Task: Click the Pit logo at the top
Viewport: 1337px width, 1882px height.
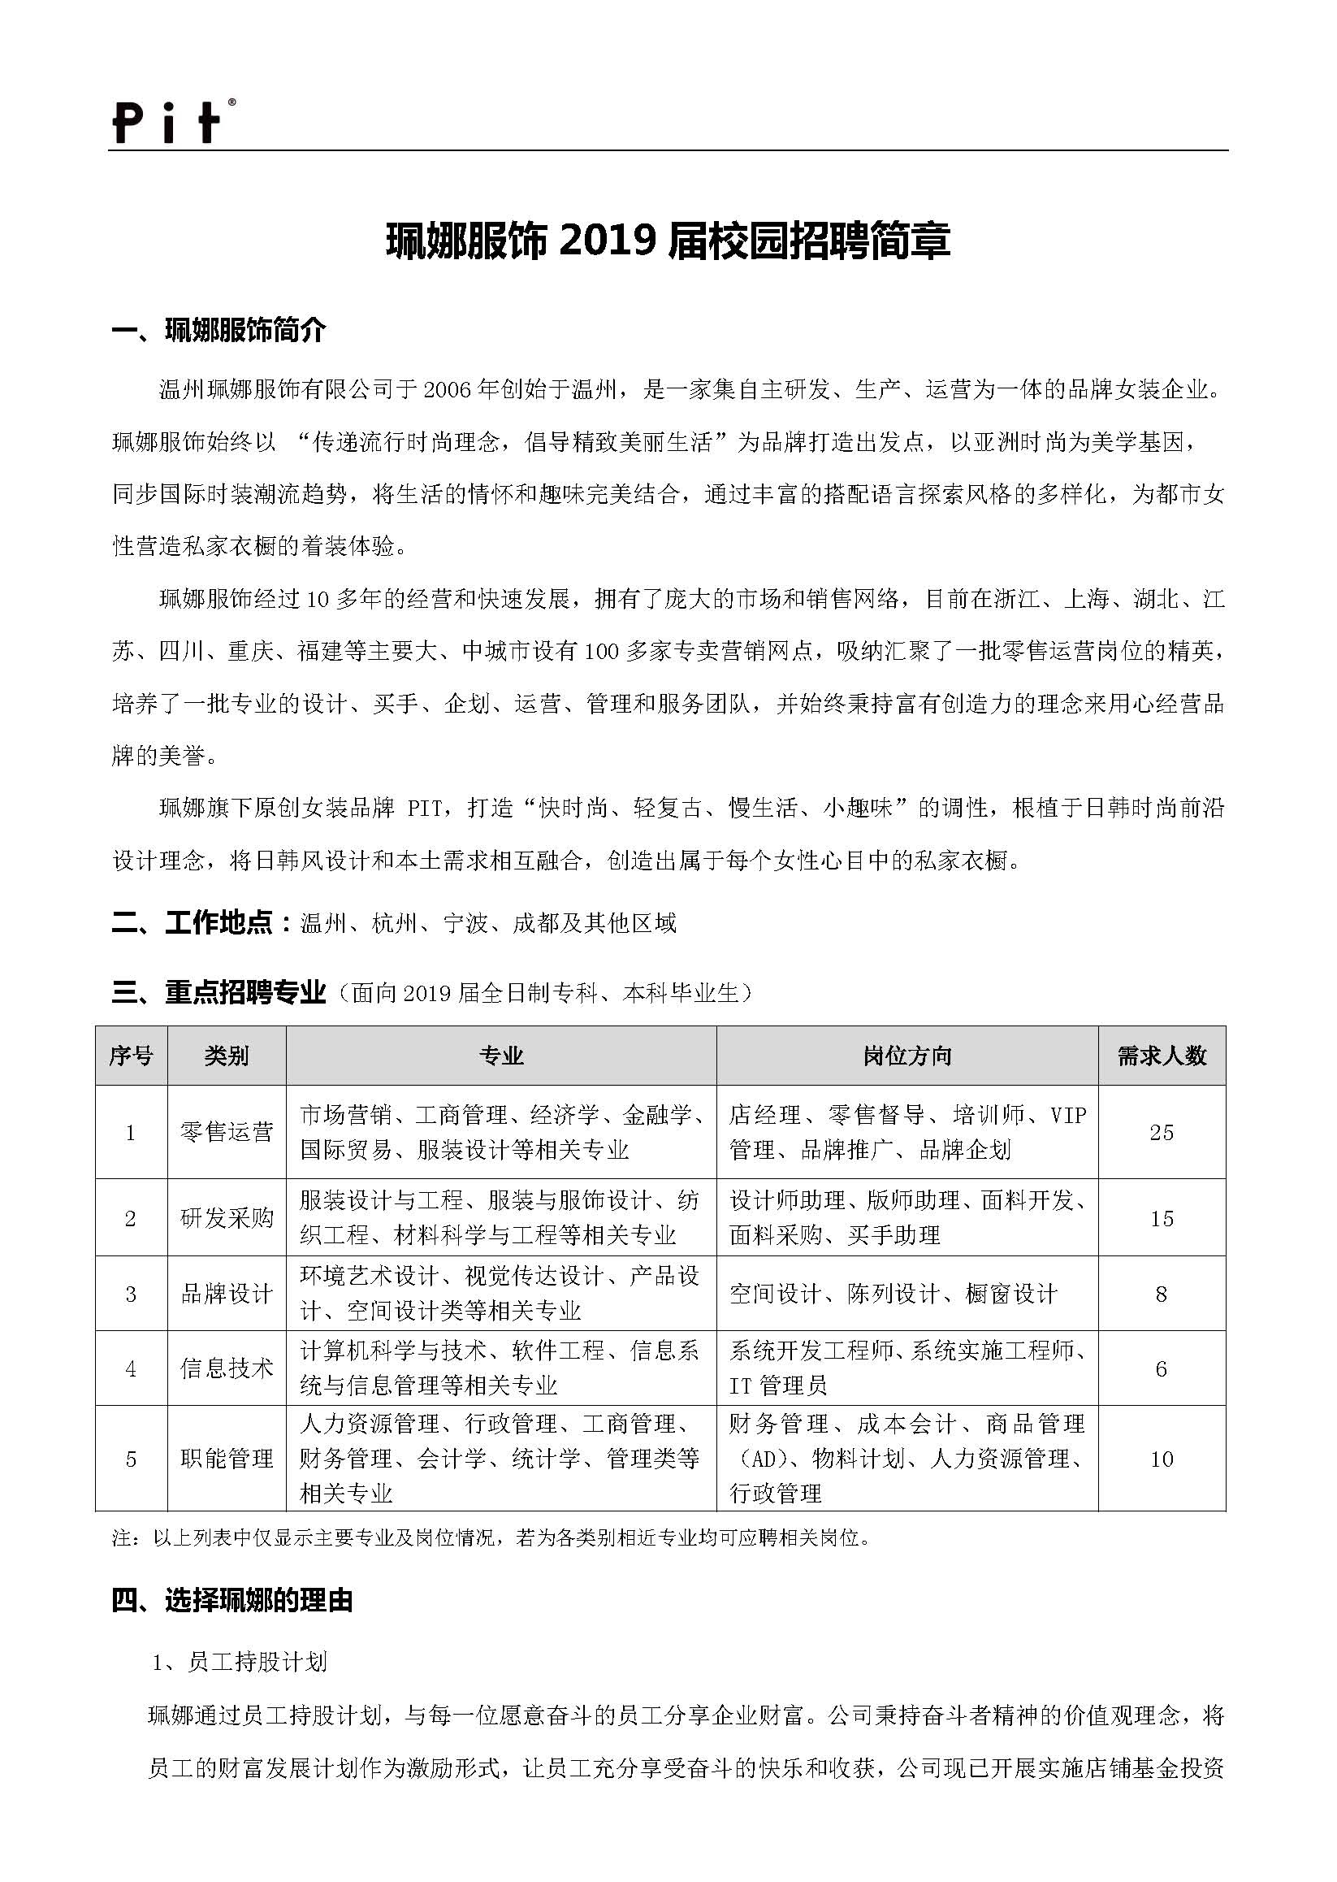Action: pyautogui.click(x=172, y=122)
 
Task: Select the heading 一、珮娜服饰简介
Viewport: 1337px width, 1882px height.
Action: pyautogui.click(x=219, y=331)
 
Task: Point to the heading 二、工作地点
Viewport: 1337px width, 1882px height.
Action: pyautogui.click(x=201, y=923)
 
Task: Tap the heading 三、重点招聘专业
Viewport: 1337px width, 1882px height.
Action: pyautogui.click(x=219, y=993)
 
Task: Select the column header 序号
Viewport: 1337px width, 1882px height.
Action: pyautogui.click(x=131, y=1056)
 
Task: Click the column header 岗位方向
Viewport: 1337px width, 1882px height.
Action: pyautogui.click(x=907, y=1056)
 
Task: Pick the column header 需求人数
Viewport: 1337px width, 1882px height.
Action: pyautogui.click(x=1162, y=1056)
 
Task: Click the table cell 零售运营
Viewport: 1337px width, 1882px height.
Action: pyautogui.click(x=227, y=1133)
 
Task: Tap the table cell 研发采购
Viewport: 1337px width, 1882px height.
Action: pyautogui.click(x=227, y=1218)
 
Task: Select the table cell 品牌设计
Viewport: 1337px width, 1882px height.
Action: pyautogui.click(x=227, y=1294)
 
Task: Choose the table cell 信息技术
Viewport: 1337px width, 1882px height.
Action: pyautogui.click(x=227, y=1369)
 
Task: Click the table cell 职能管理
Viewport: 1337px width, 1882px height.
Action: pyautogui.click(x=227, y=1459)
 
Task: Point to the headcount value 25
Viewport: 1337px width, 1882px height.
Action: pyautogui.click(x=1162, y=1133)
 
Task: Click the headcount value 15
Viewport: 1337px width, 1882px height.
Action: pyautogui.click(x=1162, y=1218)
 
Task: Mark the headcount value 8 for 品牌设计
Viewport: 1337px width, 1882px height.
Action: pyautogui.click(x=1162, y=1294)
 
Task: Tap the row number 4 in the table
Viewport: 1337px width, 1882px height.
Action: pyautogui.click(x=131, y=1369)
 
